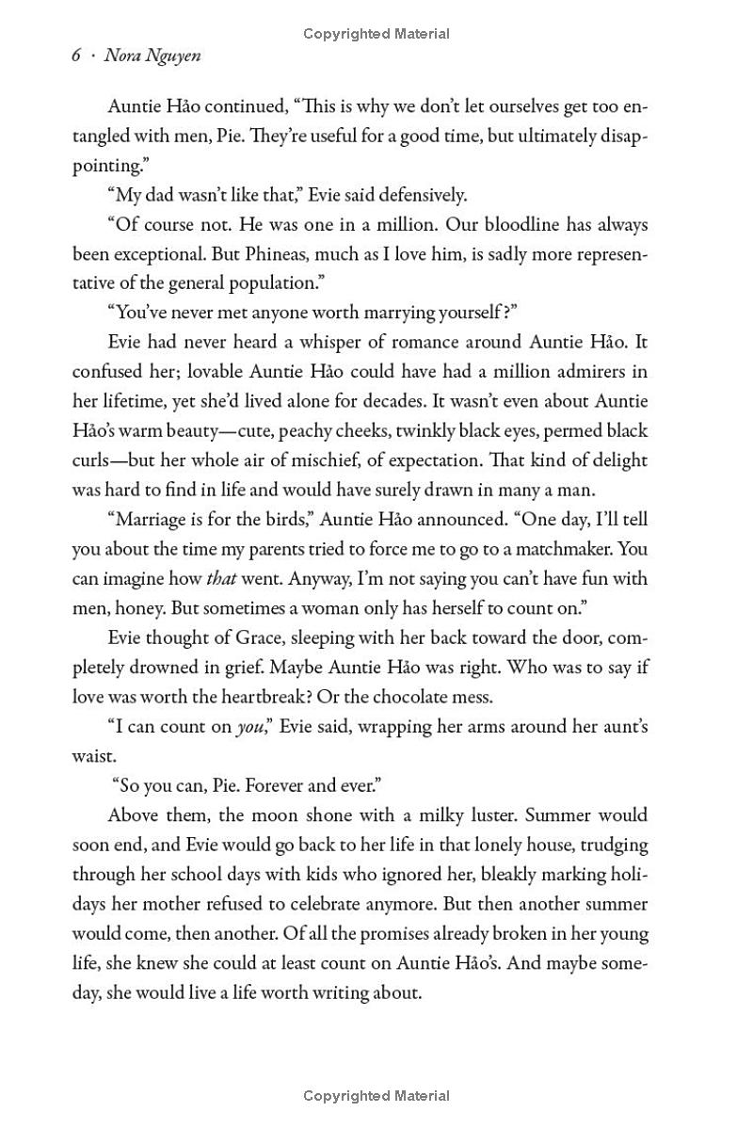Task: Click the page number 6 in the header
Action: pyautogui.click(x=77, y=56)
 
